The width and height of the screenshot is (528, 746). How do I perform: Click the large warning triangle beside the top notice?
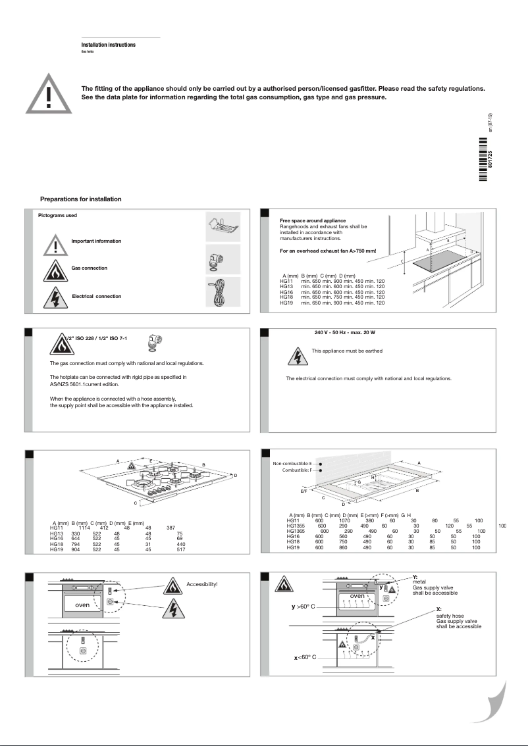click(x=47, y=94)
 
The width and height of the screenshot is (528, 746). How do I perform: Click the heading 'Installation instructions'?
click(x=109, y=45)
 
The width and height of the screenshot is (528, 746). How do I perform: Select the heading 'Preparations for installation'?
click(x=80, y=199)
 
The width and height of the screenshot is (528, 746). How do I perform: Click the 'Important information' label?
click(x=96, y=241)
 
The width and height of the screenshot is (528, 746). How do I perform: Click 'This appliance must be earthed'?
click(x=346, y=351)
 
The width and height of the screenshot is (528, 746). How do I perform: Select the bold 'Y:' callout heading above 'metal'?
click(x=415, y=577)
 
